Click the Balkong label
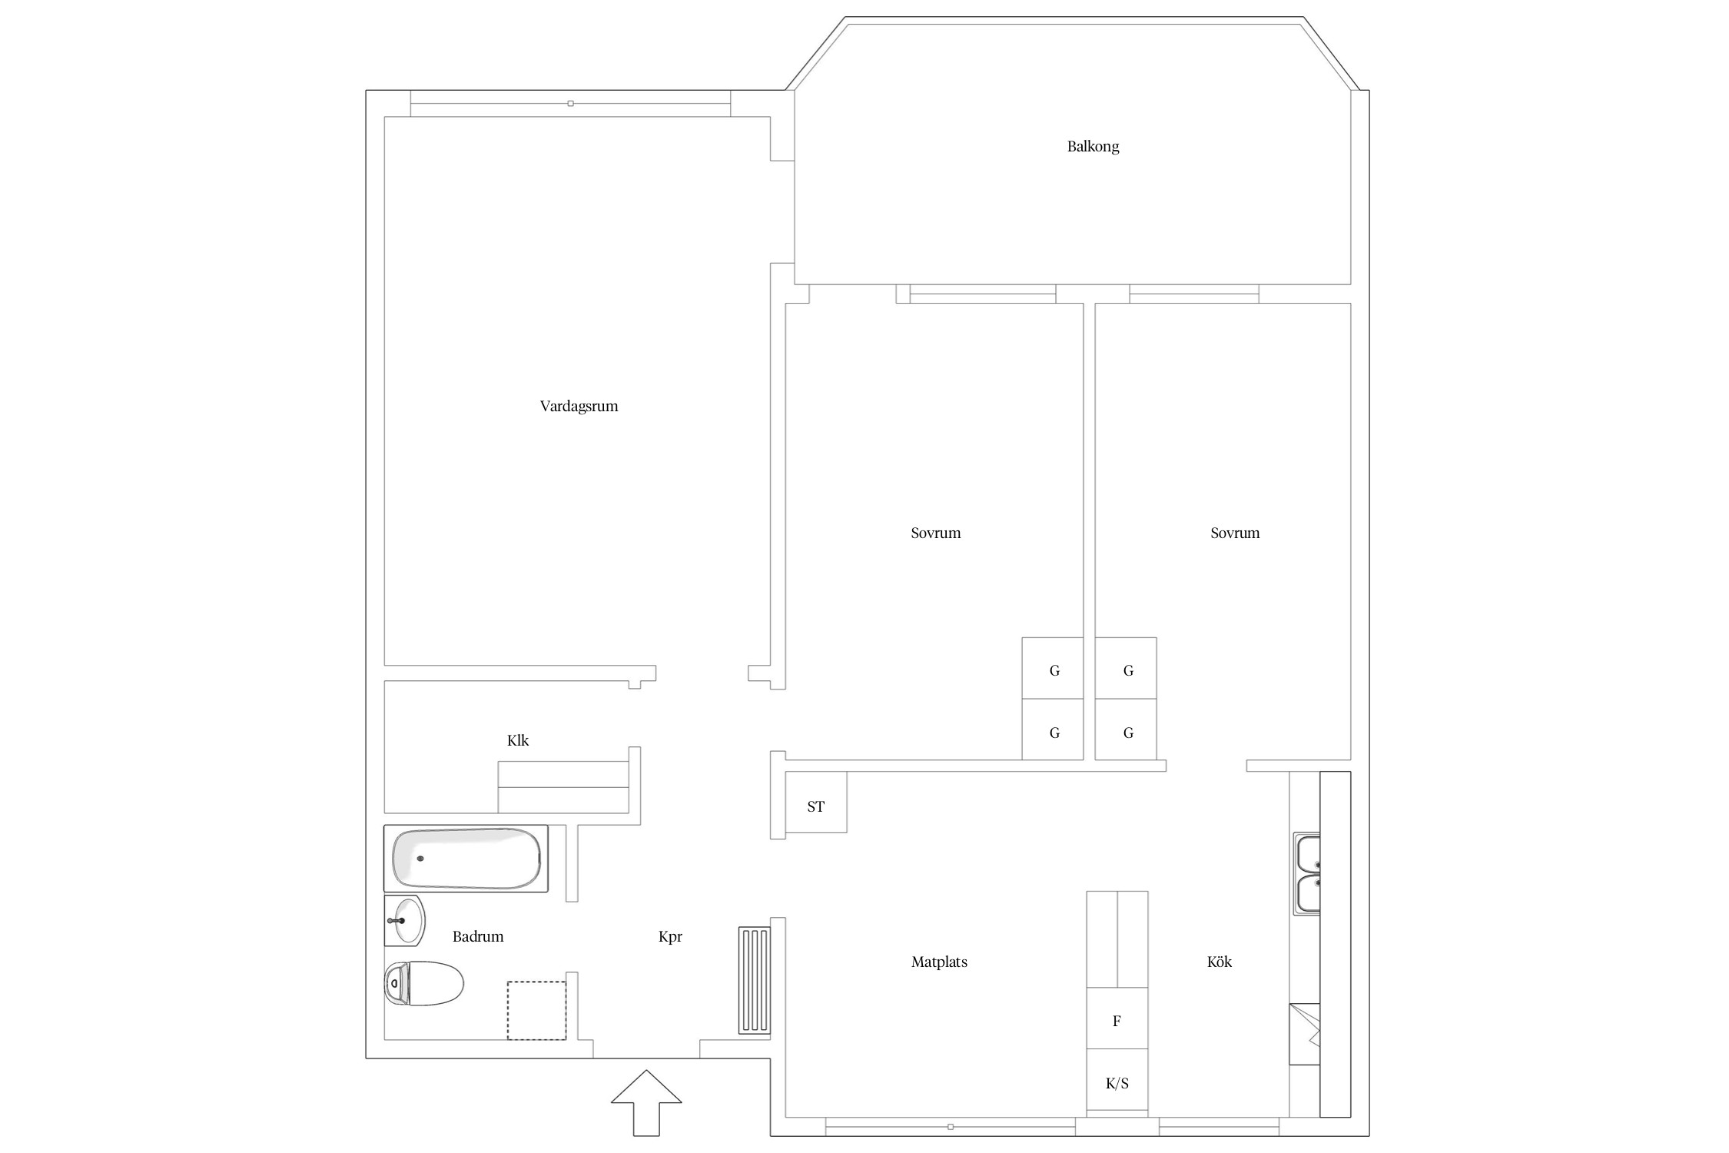tap(1093, 147)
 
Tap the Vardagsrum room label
tap(579, 407)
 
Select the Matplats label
tap(939, 962)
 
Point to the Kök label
tap(1220, 962)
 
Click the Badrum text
tap(478, 936)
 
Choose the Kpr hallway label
tap(670, 937)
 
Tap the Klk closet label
tap(518, 740)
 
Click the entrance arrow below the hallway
tap(646, 1102)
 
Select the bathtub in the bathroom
tap(466, 859)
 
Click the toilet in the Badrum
tap(424, 983)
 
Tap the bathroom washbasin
tap(405, 920)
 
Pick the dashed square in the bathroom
tap(536, 1011)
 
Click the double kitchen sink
tap(1306, 874)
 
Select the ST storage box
tap(816, 802)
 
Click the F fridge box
tap(1117, 1018)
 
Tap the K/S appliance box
tap(1117, 1081)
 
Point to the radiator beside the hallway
tap(754, 980)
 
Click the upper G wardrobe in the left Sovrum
tap(1053, 668)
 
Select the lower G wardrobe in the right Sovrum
tap(1126, 729)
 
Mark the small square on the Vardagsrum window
tap(570, 103)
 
